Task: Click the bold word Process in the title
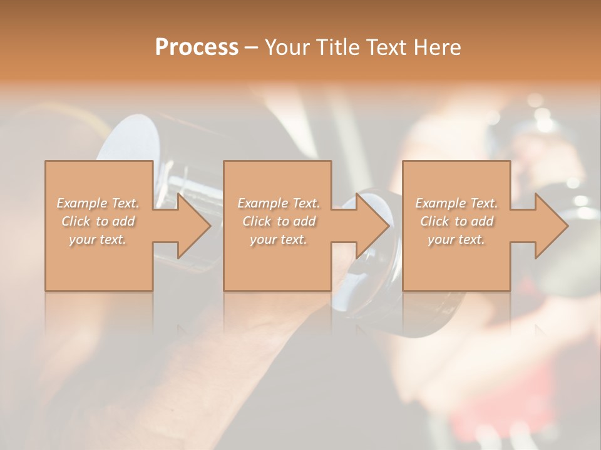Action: tap(197, 47)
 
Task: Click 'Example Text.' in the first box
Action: tap(98, 203)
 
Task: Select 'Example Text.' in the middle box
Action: tap(279, 203)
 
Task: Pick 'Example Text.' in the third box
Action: tap(456, 203)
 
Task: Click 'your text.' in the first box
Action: tap(98, 239)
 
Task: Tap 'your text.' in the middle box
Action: tap(279, 239)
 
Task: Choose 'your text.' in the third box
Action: tap(456, 239)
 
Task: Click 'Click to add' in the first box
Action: tap(98, 221)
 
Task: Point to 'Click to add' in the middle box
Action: tap(279, 221)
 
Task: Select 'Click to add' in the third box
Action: tap(456, 221)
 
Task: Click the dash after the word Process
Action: tap(252, 48)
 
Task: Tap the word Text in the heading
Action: tap(379, 47)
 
